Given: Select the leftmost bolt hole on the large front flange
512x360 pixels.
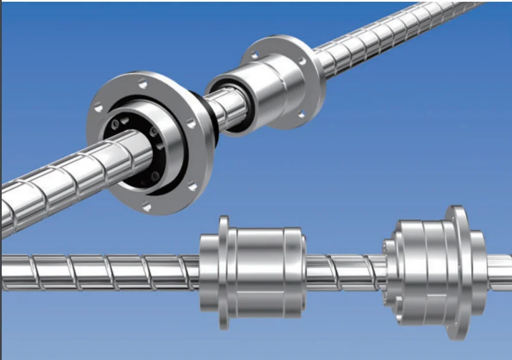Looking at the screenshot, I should tap(99, 107).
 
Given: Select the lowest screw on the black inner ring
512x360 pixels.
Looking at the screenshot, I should tap(154, 174).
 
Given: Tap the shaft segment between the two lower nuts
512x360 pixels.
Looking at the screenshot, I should tap(344, 270).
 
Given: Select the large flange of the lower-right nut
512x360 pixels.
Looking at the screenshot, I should tap(459, 270).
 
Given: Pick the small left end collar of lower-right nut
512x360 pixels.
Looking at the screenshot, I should tap(390, 270).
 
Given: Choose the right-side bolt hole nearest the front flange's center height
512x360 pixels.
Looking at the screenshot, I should tap(190, 123).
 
